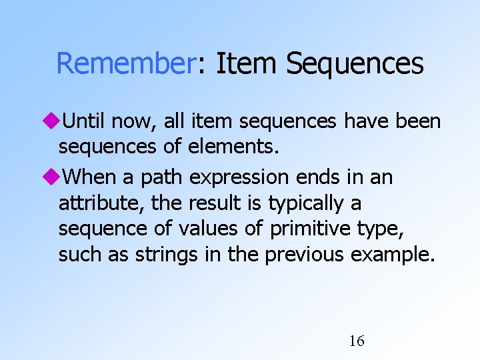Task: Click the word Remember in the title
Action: click(x=124, y=64)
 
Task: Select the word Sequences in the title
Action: click(x=355, y=64)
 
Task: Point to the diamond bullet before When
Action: click(x=51, y=177)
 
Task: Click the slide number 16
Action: click(x=357, y=341)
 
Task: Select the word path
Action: click(x=163, y=177)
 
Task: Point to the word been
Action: click(x=419, y=121)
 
